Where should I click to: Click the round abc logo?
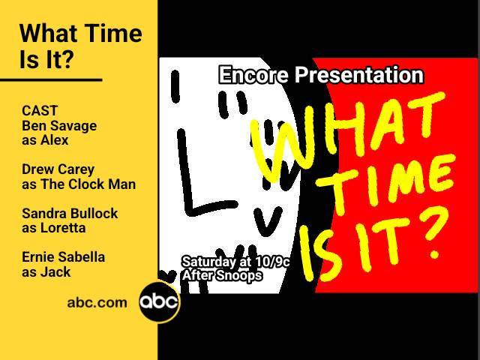click(159, 302)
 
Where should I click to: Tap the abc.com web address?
click(97, 302)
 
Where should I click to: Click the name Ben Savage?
click(59, 125)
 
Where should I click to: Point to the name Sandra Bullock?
click(70, 213)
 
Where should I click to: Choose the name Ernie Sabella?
click(63, 257)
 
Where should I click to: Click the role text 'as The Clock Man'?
click(79, 184)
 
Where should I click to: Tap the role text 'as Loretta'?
click(54, 227)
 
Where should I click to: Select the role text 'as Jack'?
click(46, 271)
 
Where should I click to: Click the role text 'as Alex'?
click(45, 139)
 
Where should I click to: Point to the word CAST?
click(40, 111)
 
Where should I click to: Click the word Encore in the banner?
click(253, 75)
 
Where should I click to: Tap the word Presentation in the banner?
click(358, 75)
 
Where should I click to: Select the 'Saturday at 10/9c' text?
click(235, 262)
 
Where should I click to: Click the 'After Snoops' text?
click(222, 275)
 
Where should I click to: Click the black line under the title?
click(51, 79)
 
